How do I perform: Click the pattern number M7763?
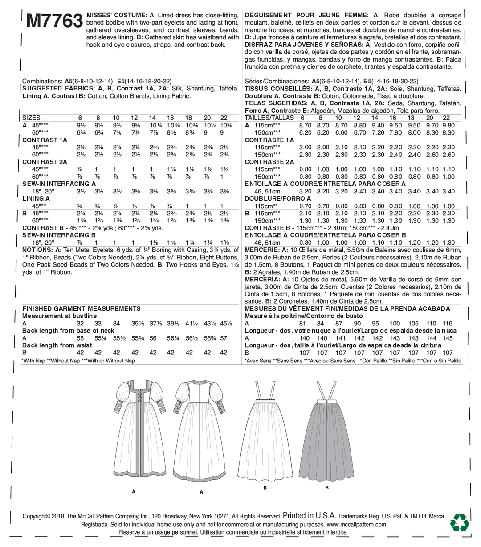coord(54,21)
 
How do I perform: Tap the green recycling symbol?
coord(460,522)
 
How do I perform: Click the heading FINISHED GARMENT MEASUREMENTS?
coord(81,308)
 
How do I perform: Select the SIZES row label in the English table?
coord(31,118)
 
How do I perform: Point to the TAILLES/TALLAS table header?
coord(269,118)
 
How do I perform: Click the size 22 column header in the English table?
coord(224,118)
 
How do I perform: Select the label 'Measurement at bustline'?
coord(59,316)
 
